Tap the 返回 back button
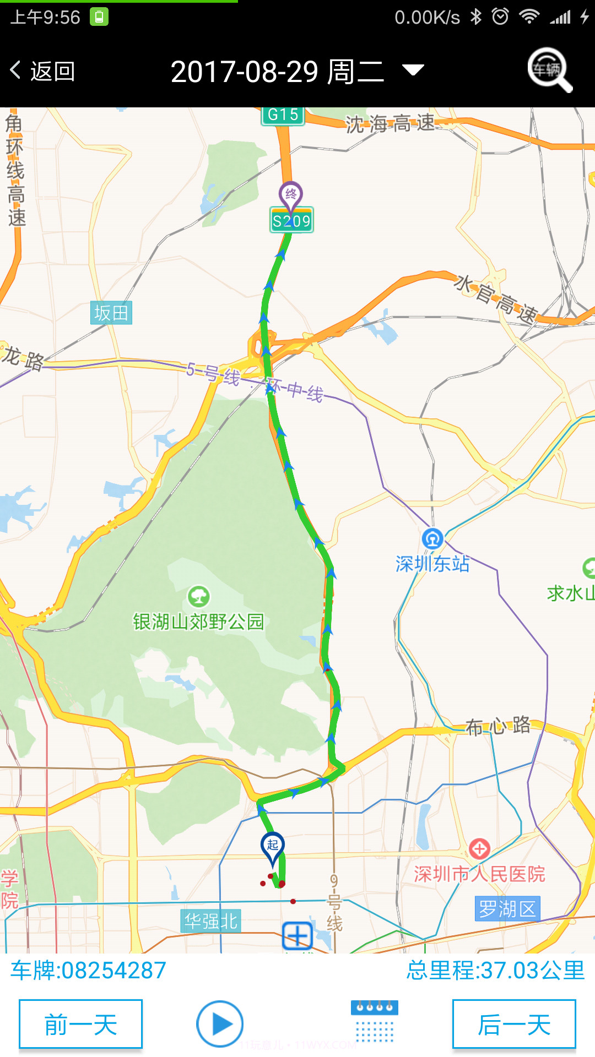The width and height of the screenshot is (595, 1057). [42, 71]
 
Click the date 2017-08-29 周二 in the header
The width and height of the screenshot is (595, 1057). [277, 72]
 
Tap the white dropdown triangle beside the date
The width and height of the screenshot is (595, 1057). [413, 70]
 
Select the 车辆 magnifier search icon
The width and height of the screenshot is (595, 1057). [549, 70]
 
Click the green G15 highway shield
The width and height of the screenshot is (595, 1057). [283, 115]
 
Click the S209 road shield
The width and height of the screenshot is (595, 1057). [291, 221]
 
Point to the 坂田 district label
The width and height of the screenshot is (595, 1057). [111, 313]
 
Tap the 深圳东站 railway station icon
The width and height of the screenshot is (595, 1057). [432, 539]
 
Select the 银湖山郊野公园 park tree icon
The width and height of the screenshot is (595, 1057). [198, 596]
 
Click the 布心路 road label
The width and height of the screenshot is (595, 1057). [498, 726]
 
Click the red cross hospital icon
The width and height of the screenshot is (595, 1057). [479, 849]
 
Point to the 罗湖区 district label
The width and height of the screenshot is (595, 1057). [507, 908]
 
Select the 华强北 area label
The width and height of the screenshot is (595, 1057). [210, 920]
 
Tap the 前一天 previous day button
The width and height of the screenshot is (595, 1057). [80, 1025]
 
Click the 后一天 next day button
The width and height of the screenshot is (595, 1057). [514, 1025]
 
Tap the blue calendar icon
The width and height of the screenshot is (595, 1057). [375, 1022]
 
